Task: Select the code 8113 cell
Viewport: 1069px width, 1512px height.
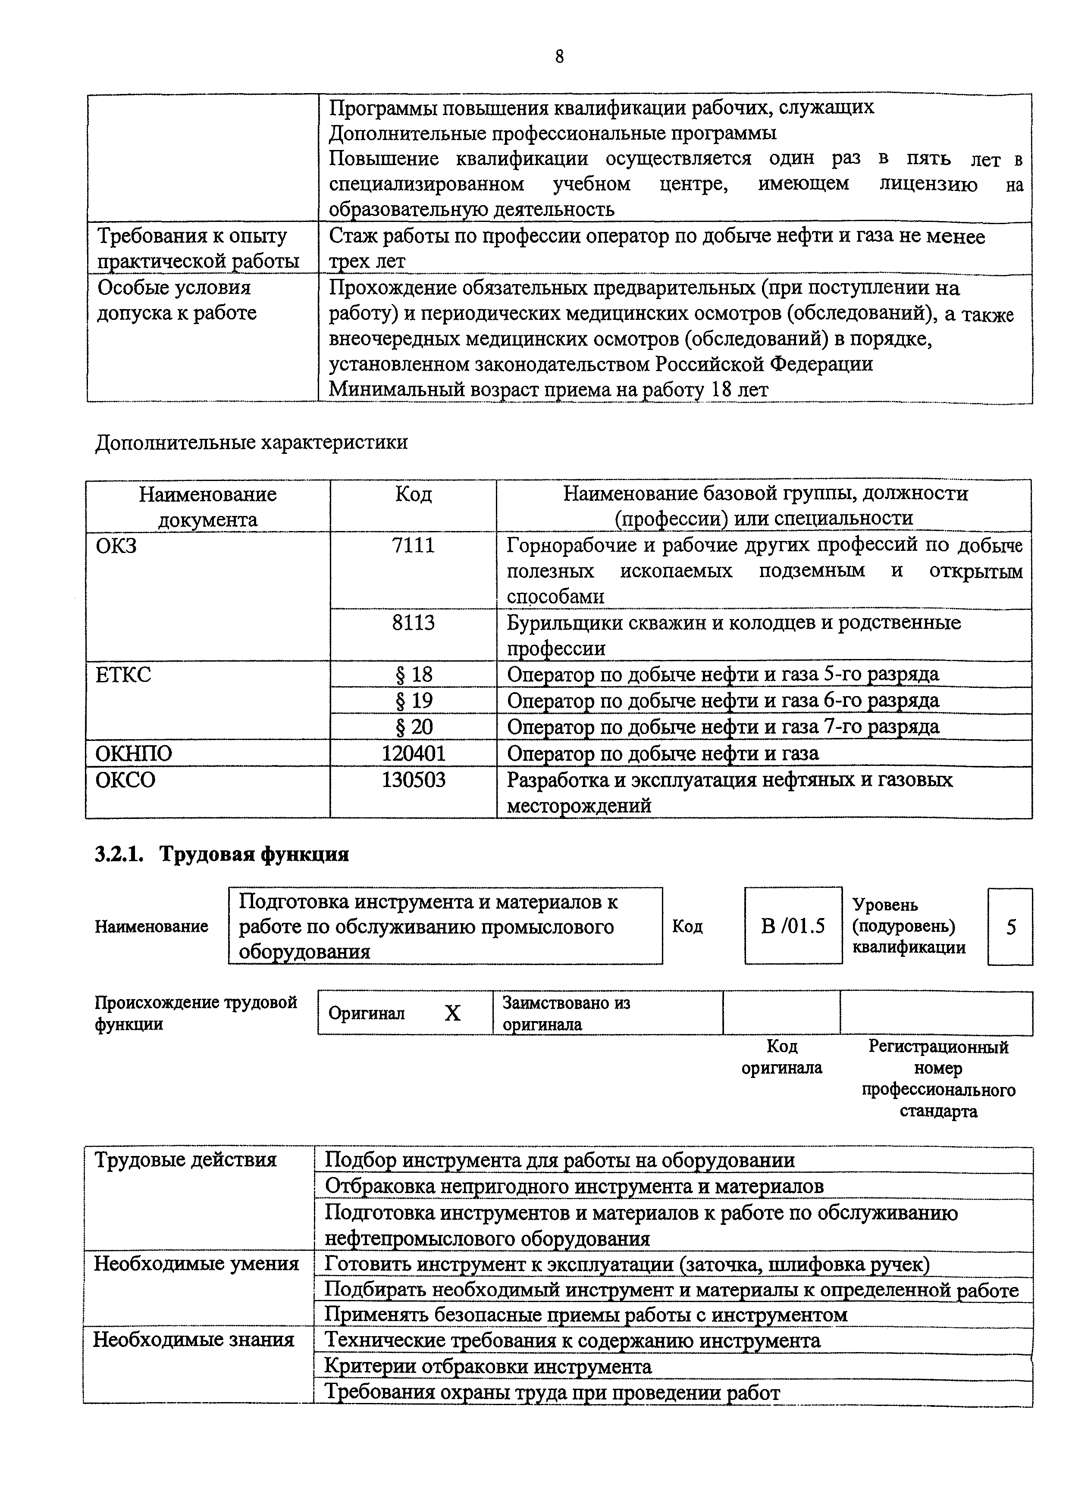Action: (413, 622)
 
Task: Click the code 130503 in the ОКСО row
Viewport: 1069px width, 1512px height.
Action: (413, 780)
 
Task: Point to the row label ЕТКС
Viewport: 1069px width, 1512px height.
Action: (123, 675)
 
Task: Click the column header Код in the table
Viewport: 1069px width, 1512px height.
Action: (413, 494)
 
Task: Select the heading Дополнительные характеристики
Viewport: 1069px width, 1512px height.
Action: (251, 442)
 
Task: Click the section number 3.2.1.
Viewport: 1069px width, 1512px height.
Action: (119, 854)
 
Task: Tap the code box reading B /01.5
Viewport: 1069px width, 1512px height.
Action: (793, 927)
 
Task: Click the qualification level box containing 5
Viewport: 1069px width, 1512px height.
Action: (1010, 927)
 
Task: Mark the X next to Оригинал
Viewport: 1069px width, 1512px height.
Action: (452, 1013)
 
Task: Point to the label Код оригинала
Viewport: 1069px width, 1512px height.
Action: (782, 1057)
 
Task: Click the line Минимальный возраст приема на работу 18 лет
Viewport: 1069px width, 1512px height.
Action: (548, 390)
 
